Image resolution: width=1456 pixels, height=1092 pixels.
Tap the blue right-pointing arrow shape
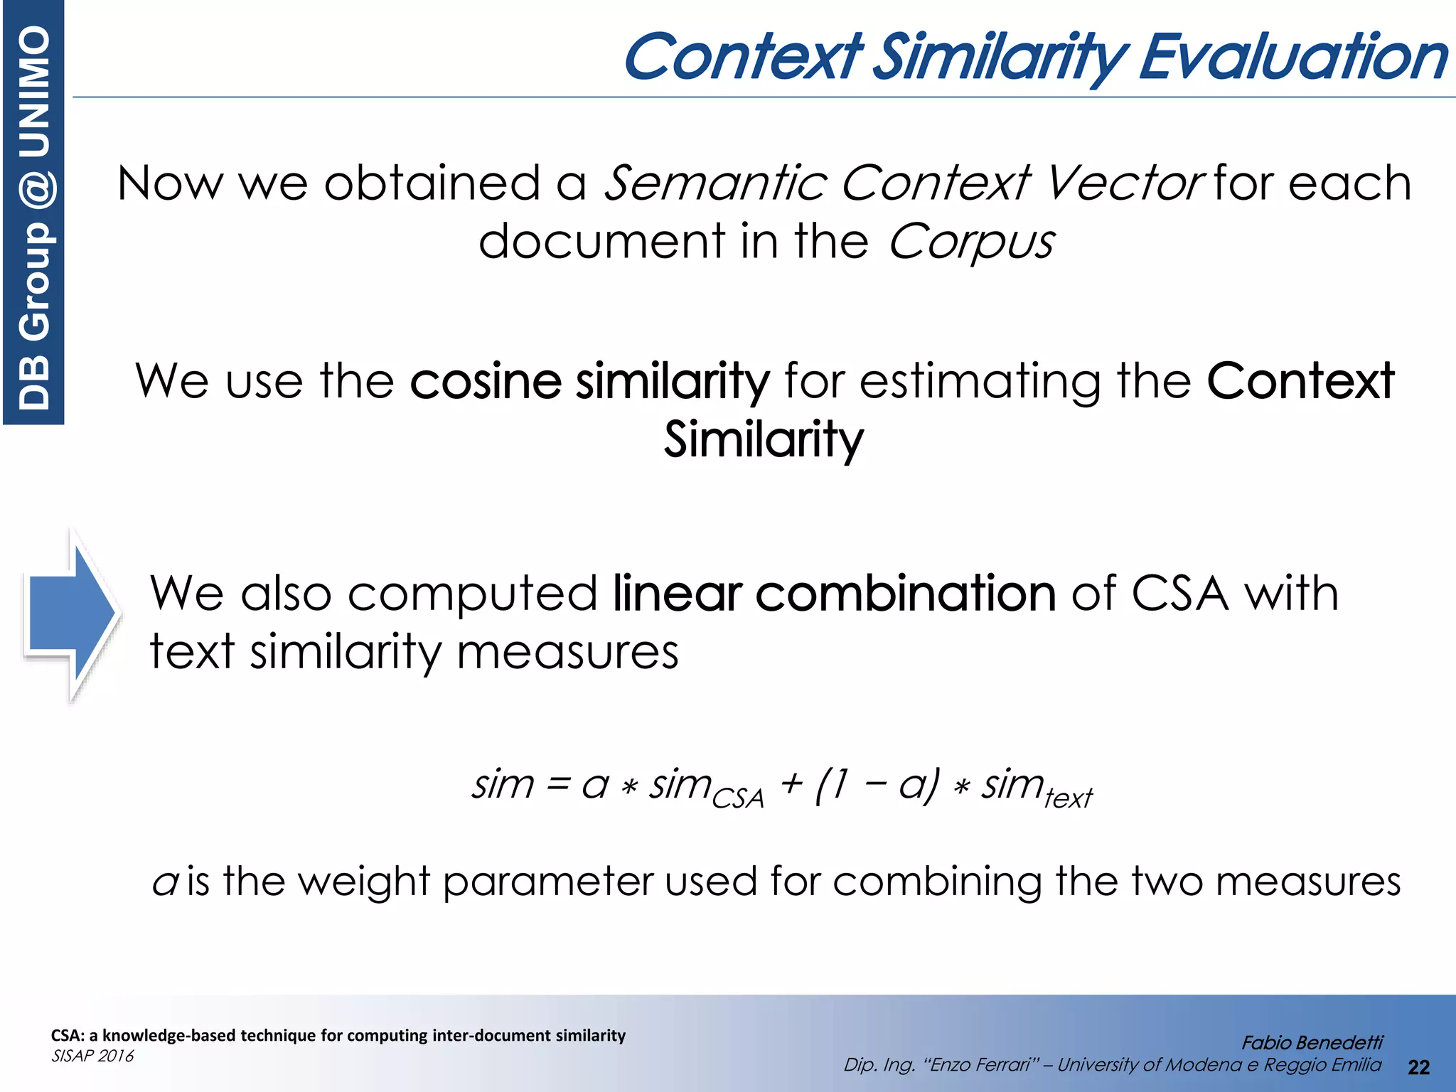click(x=71, y=615)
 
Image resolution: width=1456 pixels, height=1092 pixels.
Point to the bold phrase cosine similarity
click(x=589, y=381)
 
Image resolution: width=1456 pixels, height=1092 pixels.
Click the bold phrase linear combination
click(x=834, y=594)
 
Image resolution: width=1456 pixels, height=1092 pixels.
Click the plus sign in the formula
click(x=791, y=785)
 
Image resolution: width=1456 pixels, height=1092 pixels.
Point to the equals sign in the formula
click(x=558, y=785)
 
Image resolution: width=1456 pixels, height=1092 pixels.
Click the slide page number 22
click(x=1418, y=1067)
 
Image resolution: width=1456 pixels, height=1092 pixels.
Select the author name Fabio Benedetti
click(x=1312, y=1042)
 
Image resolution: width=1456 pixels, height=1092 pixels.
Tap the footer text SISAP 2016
click(x=92, y=1056)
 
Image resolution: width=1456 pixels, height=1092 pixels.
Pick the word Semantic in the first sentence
click(x=714, y=183)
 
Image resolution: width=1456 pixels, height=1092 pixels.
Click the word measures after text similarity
click(x=567, y=652)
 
